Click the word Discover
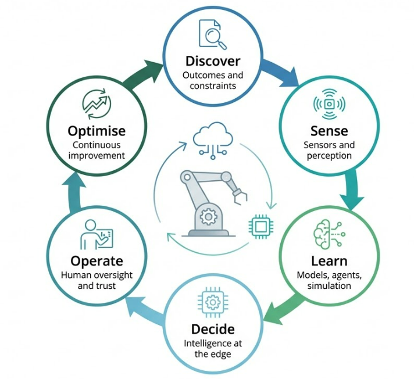[x=213, y=61]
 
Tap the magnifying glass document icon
[x=213, y=34]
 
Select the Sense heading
[x=329, y=131]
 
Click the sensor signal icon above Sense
[x=329, y=104]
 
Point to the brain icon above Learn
[x=329, y=235]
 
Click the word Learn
[x=329, y=261]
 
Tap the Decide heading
[x=213, y=329]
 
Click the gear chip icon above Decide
[x=213, y=302]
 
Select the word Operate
[x=97, y=261]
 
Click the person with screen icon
[x=97, y=234]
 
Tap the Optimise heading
[x=97, y=131]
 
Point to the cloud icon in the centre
[x=213, y=140]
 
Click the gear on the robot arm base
[x=208, y=217]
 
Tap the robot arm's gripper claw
[x=240, y=196]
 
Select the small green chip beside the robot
[x=261, y=227]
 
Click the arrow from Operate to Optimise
[x=74, y=192]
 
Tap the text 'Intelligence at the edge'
[x=213, y=349]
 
